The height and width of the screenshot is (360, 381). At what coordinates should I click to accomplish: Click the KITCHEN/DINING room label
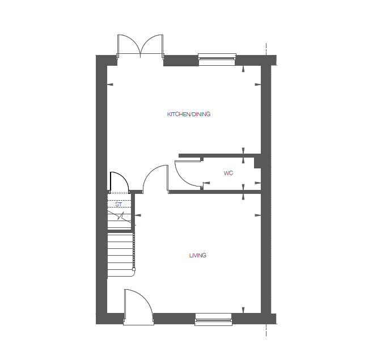click(188, 115)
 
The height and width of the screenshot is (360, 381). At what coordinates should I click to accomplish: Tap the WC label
click(228, 173)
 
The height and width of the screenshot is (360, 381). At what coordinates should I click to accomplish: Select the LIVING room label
click(197, 256)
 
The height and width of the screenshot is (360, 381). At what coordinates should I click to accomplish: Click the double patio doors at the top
click(140, 45)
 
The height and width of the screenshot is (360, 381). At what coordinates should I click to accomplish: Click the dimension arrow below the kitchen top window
click(243, 69)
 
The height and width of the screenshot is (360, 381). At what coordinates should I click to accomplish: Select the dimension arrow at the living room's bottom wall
click(243, 310)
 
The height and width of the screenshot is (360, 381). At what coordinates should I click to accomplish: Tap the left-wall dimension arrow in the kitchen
click(110, 85)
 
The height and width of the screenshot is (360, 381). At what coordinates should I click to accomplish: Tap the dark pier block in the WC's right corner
click(258, 163)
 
